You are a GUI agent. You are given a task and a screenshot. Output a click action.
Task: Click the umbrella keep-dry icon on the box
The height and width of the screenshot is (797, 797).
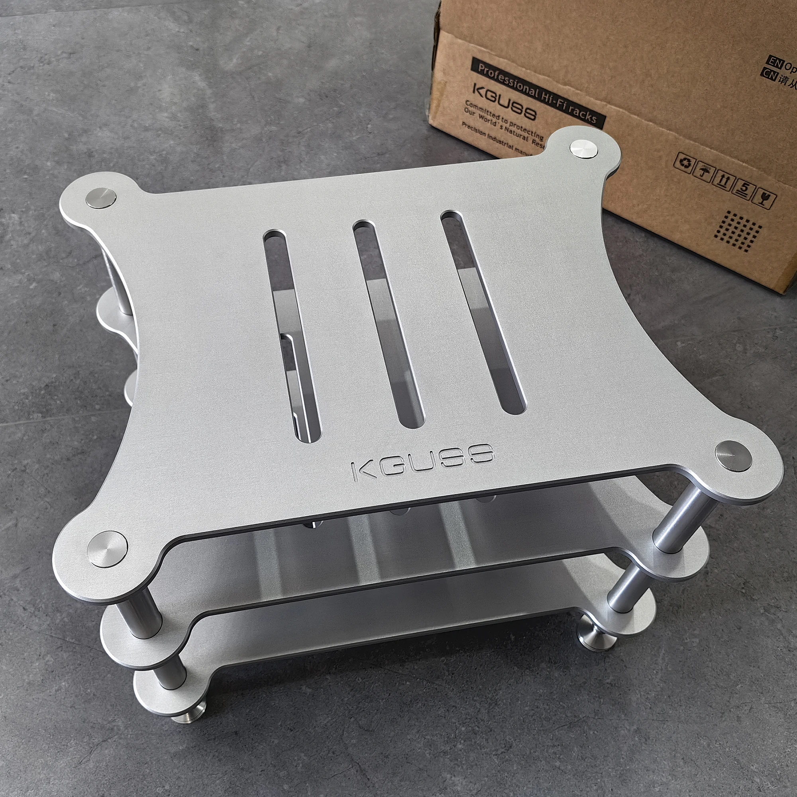[x=704, y=171]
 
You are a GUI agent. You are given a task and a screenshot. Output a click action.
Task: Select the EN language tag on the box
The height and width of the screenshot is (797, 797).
[x=773, y=62]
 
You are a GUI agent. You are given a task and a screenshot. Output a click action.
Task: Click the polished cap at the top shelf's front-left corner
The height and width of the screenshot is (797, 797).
[x=107, y=550]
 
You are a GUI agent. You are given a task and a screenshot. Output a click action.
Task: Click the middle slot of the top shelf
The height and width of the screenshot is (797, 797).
[x=388, y=324]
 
